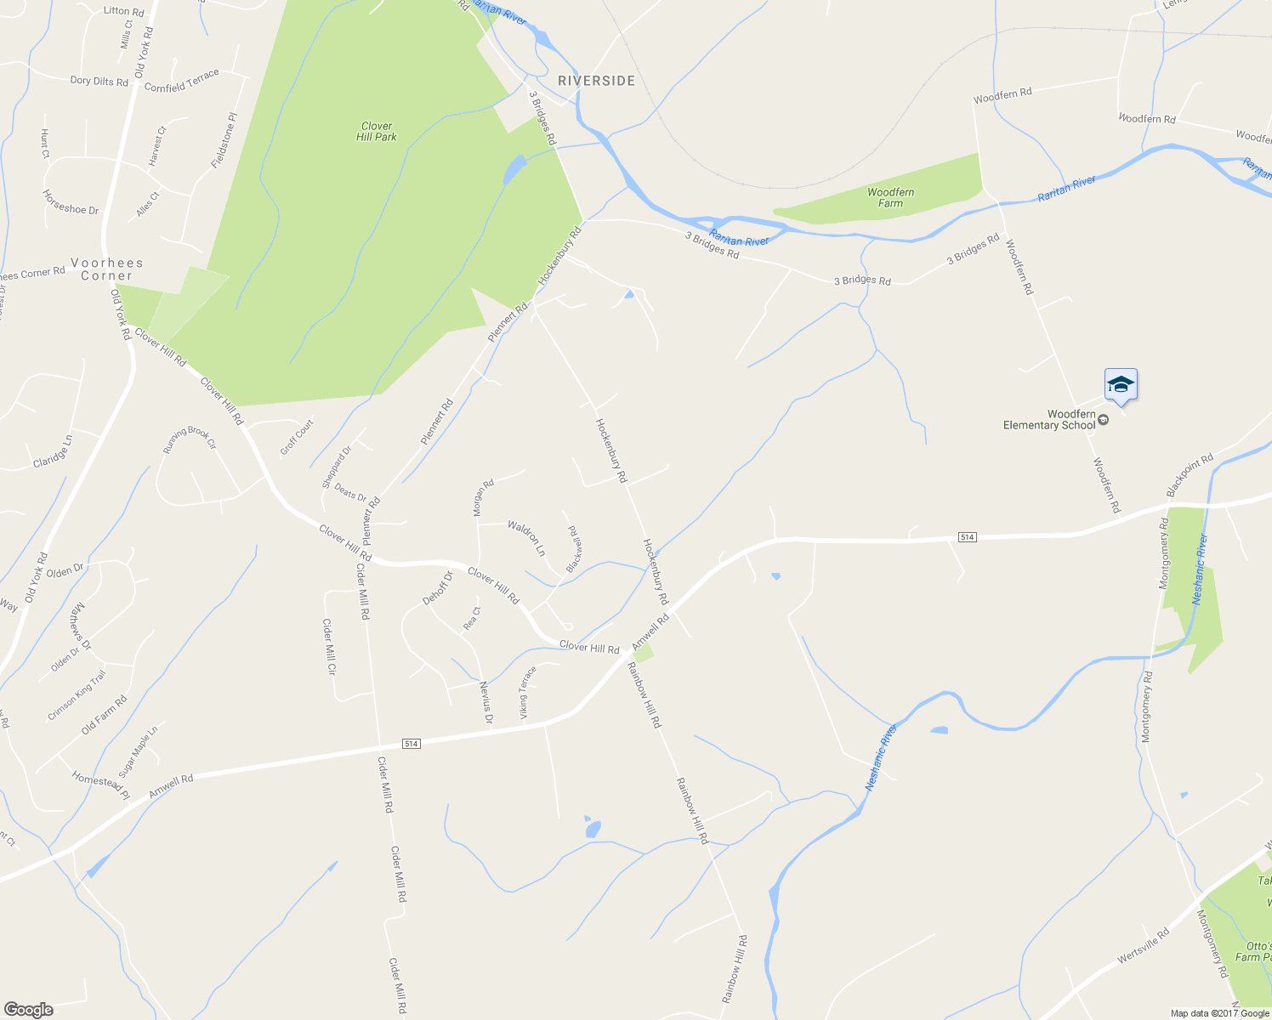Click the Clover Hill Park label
click(377, 131)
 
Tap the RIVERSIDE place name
click(596, 81)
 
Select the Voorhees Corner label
click(107, 269)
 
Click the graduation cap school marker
click(1121, 385)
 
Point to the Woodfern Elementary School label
click(1050, 420)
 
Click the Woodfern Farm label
click(890, 197)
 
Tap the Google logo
click(28, 1010)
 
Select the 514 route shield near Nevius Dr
click(412, 744)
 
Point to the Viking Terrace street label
click(528, 692)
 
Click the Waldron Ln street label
click(526, 538)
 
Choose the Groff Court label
click(297, 437)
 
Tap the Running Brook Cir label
click(190, 439)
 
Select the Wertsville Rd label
click(1144, 945)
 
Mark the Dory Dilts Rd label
click(99, 81)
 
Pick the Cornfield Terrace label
click(181, 81)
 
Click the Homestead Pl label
click(100, 785)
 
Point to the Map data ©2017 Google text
click(1219, 1013)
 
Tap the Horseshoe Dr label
click(71, 201)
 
